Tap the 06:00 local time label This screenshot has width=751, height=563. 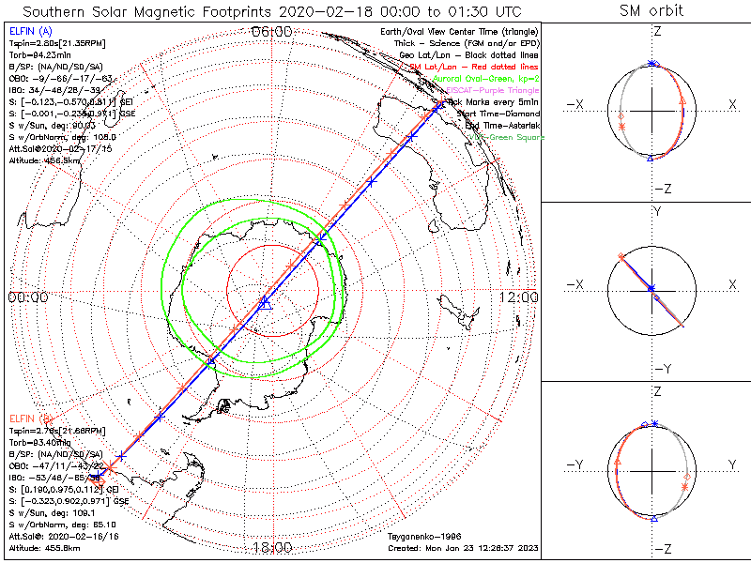[x=272, y=32]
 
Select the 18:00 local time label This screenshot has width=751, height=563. [x=272, y=548]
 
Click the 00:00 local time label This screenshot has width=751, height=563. [x=27, y=297]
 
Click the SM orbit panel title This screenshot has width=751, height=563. [x=651, y=11]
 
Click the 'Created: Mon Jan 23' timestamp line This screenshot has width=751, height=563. [x=463, y=548]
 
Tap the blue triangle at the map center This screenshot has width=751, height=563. [x=265, y=302]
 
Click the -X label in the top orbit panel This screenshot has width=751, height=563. [x=575, y=104]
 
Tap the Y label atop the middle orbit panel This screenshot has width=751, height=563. [x=656, y=212]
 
